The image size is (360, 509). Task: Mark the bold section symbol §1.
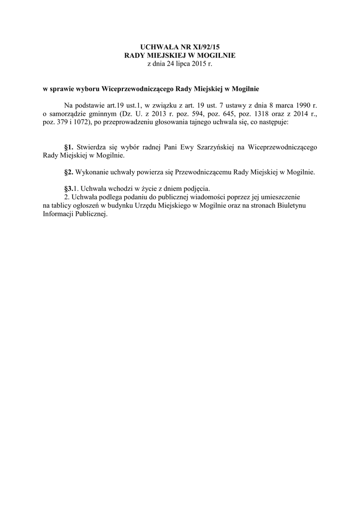click(69, 147)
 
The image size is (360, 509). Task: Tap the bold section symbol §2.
click(69, 172)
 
